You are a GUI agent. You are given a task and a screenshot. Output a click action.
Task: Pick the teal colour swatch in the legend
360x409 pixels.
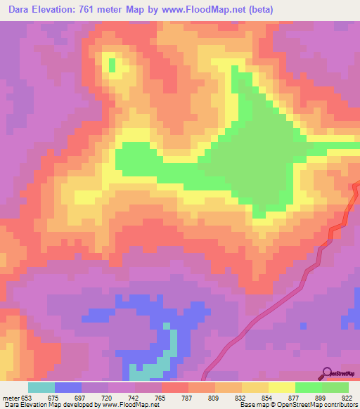(x=41, y=387)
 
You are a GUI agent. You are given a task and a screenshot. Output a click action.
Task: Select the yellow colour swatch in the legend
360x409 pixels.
(x=281, y=387)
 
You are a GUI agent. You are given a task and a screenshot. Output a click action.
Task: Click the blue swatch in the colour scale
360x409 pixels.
(x=68, y=387)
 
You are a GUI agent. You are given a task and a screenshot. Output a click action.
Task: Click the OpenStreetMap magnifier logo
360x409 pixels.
(x=328, y=372)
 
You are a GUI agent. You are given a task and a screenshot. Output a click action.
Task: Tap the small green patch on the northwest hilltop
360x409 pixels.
(x=112, y=65)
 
